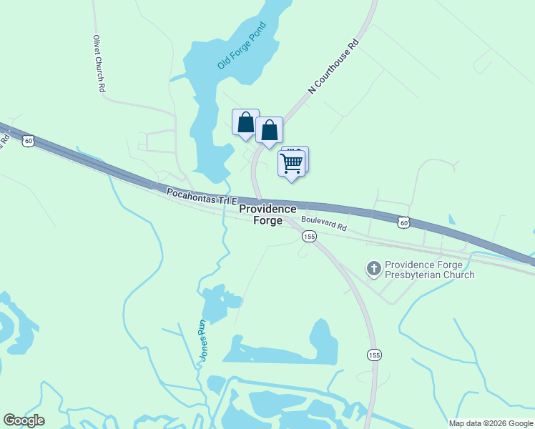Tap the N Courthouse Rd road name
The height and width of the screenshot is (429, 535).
(333, 69)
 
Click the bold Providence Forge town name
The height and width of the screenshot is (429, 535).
(267, 214)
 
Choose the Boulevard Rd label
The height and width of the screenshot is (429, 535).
(323, 224)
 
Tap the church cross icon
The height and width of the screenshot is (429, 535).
(373, 269)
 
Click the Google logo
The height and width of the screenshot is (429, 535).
(24, 420)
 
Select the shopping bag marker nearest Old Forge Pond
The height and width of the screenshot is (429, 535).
(245, 122)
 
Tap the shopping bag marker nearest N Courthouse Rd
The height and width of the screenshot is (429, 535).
(269, 131)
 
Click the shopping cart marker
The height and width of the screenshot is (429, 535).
(291, 162)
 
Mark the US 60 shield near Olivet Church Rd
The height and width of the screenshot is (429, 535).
(28, 141)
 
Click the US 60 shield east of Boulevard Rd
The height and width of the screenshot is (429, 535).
(404, 223)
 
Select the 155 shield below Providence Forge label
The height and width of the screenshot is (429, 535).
(308, 237)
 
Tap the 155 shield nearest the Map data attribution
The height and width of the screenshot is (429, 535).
(374, 355)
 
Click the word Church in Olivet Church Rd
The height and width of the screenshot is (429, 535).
(99, 64)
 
